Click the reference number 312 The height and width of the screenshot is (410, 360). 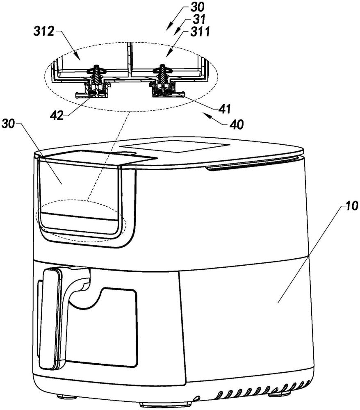click(43, 32)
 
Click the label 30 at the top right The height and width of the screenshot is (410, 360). click(197, 7)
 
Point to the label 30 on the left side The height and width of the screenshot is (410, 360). click(9, 124)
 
